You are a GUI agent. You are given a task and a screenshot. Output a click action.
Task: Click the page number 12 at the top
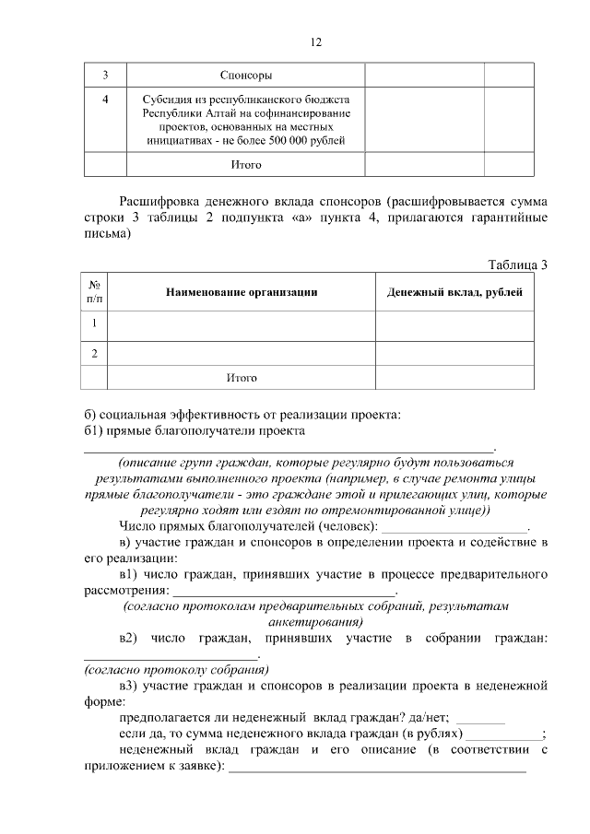(x=315, y=42)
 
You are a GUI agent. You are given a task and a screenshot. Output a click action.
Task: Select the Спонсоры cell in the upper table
(x=245, y=75)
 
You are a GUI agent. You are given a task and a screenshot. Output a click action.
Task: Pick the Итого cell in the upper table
(x=245, y=165)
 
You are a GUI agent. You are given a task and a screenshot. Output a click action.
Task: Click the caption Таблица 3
(x=517, y=265)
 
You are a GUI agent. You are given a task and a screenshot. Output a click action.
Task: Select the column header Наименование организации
(x=242, y=292)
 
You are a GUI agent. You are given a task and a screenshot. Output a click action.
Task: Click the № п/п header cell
(x=95, y=292)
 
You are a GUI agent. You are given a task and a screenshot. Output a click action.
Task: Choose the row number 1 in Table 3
(x=95, y=323)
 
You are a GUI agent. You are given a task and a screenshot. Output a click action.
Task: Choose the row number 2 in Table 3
(x=95, y=353)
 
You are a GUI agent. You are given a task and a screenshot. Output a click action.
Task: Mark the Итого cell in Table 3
(x=242, y=378)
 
